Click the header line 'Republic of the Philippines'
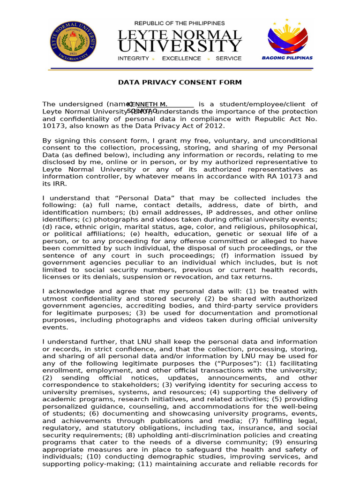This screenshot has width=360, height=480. point(180,23)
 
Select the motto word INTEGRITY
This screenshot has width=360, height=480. point(133,59)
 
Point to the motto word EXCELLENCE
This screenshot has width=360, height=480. point(181,59)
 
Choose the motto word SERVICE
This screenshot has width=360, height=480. point(228,59)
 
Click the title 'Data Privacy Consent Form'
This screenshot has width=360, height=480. point(180,82)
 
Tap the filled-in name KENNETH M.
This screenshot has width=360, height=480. point(147,104)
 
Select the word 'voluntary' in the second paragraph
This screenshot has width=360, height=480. point(225,141)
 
